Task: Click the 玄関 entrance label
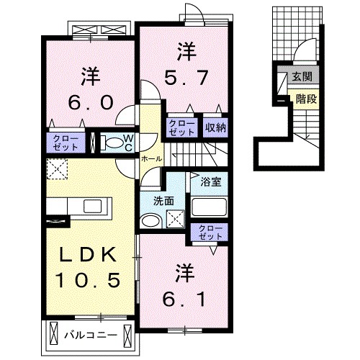[x=302, y=77]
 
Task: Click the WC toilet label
[x=127, y=141]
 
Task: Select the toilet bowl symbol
[x=109, y=142]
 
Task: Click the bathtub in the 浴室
[x=209, y=209]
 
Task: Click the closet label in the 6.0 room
[x=66, y=142]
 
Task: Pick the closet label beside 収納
[x=181, y=127]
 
